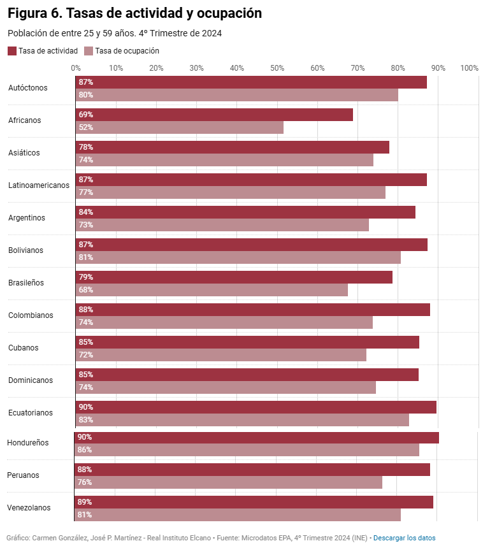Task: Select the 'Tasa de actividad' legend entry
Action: pos(43,51)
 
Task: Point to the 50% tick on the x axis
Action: pos(277,68)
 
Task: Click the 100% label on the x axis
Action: pos(469,68)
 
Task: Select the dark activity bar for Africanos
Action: pos(214,115)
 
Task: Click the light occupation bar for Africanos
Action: pos(180,127)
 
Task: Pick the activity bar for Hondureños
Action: pos(257,437)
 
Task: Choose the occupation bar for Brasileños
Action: pos(212,290)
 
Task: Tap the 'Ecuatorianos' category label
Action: pos(31,413)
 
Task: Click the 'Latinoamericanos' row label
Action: pos(39,185)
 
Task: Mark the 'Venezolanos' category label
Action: pos(29,508)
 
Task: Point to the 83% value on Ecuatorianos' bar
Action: pos(85,420)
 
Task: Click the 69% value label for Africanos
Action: pos(85,115)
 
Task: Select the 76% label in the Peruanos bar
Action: pos(85,482)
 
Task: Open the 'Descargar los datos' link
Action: pos(405,538)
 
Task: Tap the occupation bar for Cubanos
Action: pos(221,355)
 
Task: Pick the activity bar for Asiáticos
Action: pos(233,147)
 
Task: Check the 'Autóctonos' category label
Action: pos(28,88)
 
